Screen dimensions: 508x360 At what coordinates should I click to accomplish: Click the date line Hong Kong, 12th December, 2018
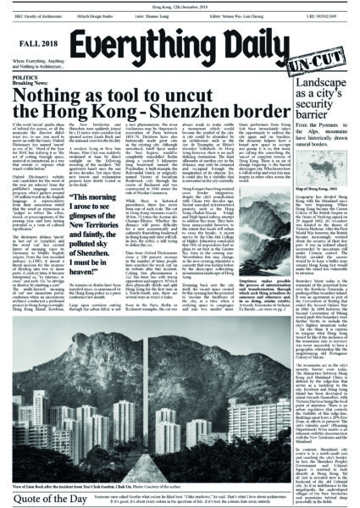coord(179,5)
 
